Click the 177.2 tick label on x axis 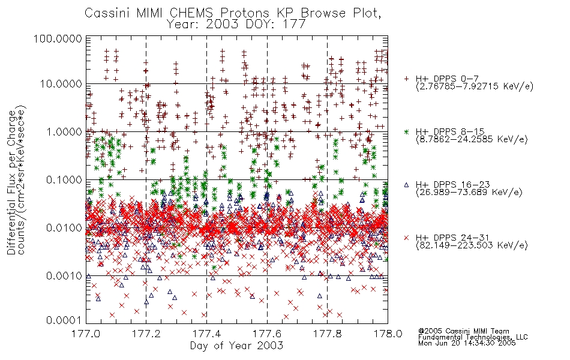[x=146, y=334]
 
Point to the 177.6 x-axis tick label [x=267, y=334]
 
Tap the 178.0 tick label [x=388, y=334]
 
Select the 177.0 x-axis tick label [x=86, y=334]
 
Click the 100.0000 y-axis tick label [x=58, y=38]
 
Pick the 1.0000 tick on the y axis [x=64, y=131]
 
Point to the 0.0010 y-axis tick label [x=64, y=276]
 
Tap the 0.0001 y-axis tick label [x=64, y=320]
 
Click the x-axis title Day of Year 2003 [x=236, y=346]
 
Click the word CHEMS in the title [x=191, y=13]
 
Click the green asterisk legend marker [x=406, y=131]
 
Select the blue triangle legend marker [x=406, y=185]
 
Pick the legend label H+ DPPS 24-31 [x=452, y=238]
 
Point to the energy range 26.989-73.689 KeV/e [x=469, y=193]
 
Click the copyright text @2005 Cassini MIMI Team [x=464, y=331]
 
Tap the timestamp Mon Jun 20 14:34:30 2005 [x=467, y=343]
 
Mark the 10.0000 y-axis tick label [x=61, y=84]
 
